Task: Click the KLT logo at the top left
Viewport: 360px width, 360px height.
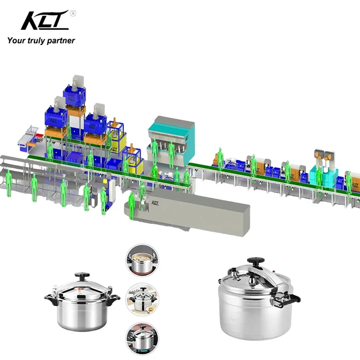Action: click(45, 20)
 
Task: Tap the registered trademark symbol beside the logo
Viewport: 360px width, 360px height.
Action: click(73, 13)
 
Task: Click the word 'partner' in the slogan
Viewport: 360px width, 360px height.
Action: click(61, 40)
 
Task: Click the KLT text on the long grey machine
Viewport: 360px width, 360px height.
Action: click(155, 202)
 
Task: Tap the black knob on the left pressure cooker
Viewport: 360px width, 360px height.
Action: click(82, 276)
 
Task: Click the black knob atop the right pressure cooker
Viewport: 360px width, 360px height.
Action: click(256, 261)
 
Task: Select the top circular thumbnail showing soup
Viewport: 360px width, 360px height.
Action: click(142, 260)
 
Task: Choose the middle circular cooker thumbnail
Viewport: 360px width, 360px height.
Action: click(142, 299)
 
